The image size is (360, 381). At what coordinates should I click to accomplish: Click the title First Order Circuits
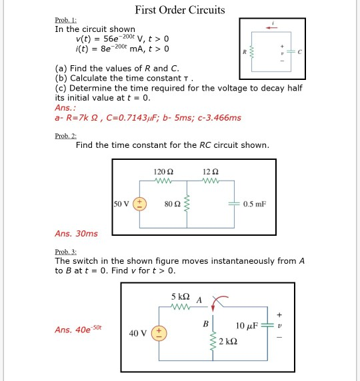pos(179,10)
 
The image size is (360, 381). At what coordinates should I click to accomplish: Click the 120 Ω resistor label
pos(163,171)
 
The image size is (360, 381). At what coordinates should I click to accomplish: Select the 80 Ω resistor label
pos(171,203)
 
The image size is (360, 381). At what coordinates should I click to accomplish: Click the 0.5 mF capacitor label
pos(254,203)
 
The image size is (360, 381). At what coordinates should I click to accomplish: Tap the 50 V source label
pos(121,203)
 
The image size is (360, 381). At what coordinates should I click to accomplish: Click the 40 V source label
pos(138,332)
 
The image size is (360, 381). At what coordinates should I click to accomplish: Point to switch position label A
pos(199,299)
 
